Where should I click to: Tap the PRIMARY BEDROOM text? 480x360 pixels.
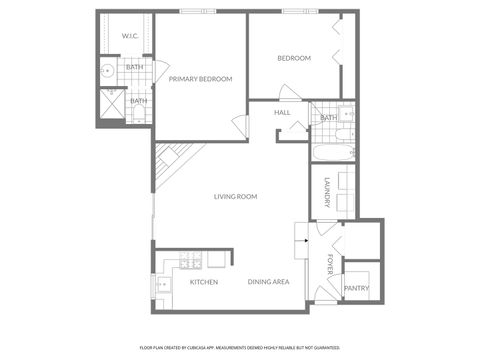click(200, 79)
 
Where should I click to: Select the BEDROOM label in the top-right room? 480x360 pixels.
click(294, 58)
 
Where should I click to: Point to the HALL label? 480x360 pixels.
click(282, 113)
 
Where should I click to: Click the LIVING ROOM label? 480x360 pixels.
click(235, 197)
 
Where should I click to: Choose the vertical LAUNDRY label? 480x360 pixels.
click(326, 193)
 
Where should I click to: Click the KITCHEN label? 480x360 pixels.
click(204, 282)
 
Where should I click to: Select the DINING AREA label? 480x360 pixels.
click(268, 282)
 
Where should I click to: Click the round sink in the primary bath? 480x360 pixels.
click(105, 71)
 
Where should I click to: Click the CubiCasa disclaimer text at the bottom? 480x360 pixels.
click(240, 346)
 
